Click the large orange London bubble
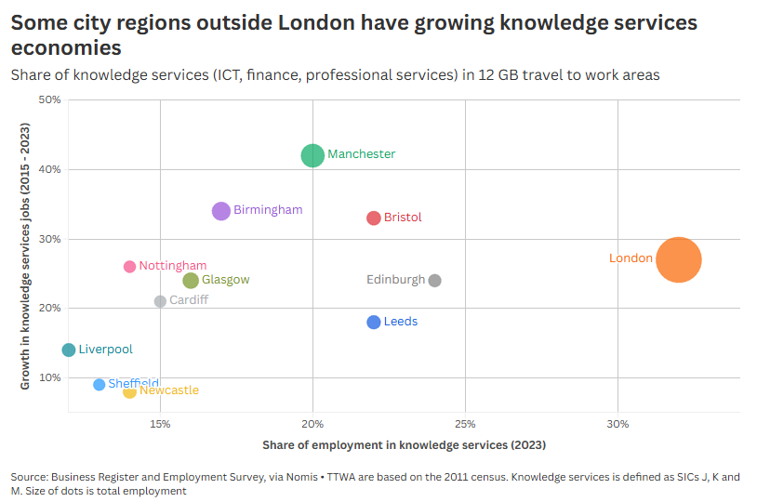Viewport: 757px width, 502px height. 679,259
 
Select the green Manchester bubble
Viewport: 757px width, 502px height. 313,155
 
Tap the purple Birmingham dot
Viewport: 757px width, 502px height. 221,211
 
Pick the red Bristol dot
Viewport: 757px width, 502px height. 374,218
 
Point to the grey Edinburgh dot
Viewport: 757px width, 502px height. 435,281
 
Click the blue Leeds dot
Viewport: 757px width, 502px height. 374,323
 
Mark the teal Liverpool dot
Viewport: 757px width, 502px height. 69,350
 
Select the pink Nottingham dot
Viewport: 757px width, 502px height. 130,267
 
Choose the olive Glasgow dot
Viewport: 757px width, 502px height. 191,281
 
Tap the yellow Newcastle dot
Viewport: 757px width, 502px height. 130,391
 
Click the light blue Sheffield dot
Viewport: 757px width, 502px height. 100,385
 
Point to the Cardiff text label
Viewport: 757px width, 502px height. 189,300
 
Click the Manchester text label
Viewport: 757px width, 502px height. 362,154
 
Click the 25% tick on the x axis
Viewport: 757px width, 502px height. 466,425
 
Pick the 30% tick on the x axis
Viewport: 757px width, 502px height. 618,425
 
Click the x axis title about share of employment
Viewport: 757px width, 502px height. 404,445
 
